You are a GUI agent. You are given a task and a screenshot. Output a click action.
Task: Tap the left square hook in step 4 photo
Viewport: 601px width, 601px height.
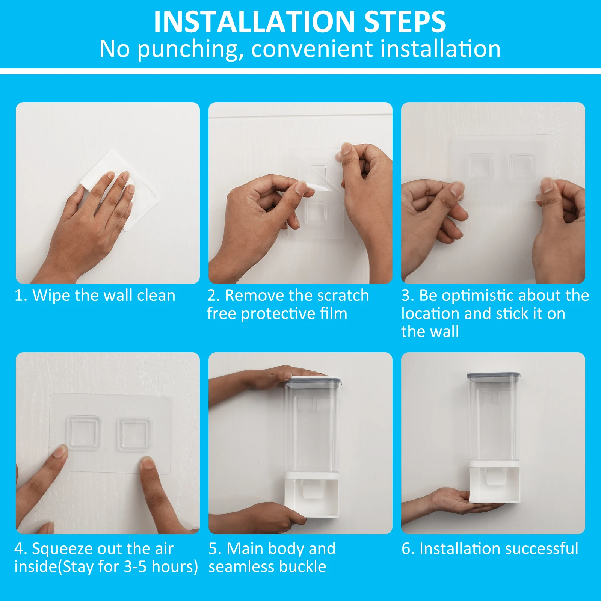(x=84, y=432)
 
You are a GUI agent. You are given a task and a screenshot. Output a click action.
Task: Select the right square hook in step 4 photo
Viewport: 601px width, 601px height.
(x=134, y=433)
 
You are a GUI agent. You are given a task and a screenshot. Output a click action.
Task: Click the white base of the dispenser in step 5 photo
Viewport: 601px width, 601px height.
(x=311, y=495)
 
